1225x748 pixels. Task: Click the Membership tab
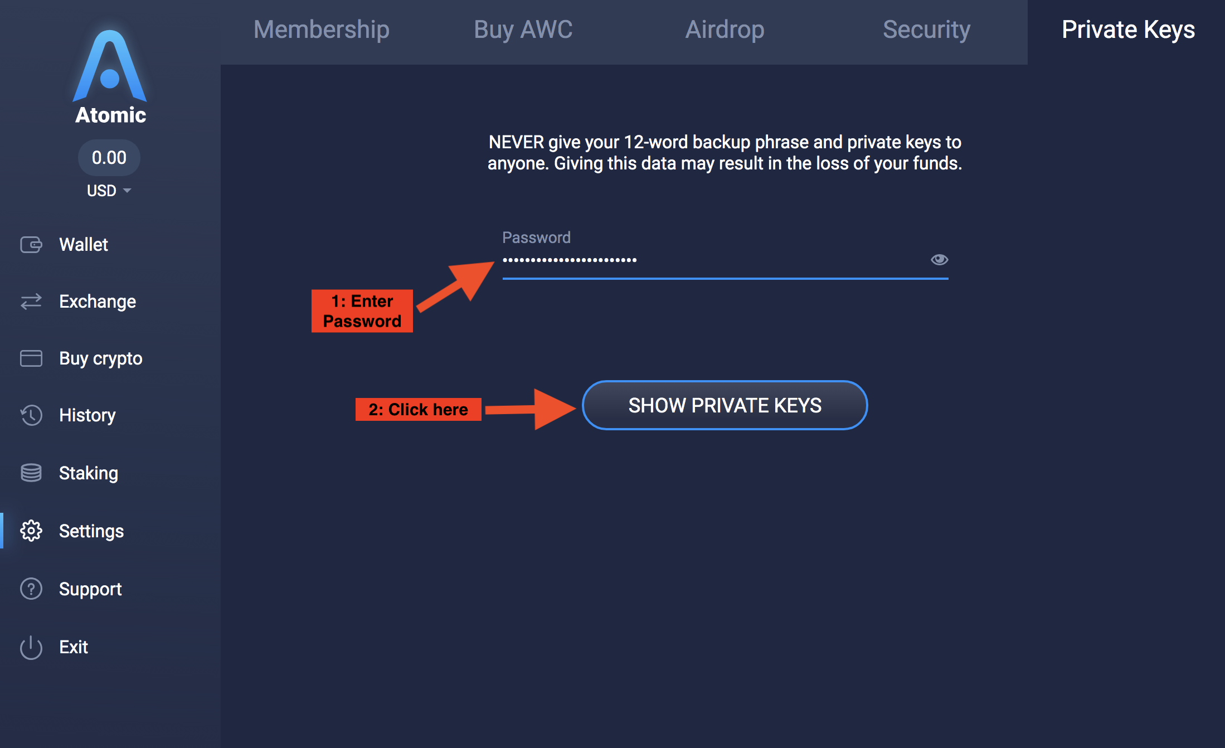[x=321, y=30]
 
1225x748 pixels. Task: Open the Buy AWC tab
[x=523, y=30]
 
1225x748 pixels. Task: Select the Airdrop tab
[x=725, y=30]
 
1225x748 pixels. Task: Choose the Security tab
[x=926, y=30]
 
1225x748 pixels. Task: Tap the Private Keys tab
[x=1128, y=30]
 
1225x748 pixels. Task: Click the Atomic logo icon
[x=110, y=67]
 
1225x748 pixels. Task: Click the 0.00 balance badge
[x=109, y=158]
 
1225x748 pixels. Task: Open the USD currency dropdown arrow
[x=127, y=191]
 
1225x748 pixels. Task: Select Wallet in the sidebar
[x=84, y=245]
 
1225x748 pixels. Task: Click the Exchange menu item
[x=98, y=302]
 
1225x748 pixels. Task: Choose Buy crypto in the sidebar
[x=100, y=358]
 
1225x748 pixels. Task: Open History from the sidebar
[x=87, y=415]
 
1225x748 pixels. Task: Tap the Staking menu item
[x=89, y=473]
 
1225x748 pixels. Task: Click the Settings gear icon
[x=31, y=531]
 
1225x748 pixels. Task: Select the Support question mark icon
[x=31, y=589]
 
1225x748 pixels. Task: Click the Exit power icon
[x=31, y=647]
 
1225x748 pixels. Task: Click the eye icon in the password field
[x=939, y=260]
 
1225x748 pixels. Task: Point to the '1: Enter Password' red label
[x=362, y=311]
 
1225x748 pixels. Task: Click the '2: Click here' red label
[x=418, y=410]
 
